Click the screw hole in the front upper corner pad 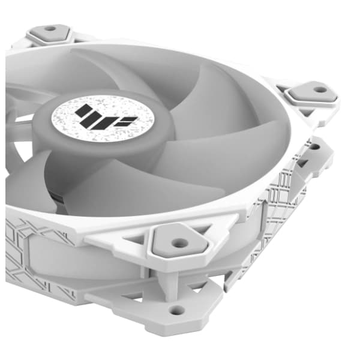177,243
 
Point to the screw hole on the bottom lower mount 176,310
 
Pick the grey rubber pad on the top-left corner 49,35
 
